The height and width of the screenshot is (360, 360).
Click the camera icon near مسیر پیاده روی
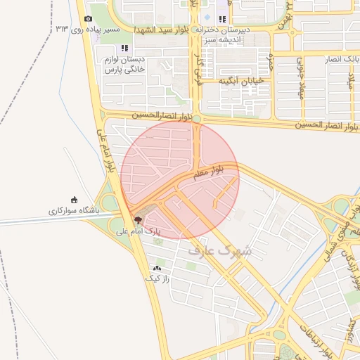pyautogui.click(x=88, y=19)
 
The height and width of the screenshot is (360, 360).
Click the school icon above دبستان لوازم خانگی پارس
pyautogui.click(x=124, y=49)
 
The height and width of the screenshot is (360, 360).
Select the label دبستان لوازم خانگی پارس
pyautogui.click(x=124, y=65)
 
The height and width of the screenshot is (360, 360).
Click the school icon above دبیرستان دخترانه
pyautogui.click(x=222, y=19)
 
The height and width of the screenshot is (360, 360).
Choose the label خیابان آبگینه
pyautogui.click(x=240, y=81)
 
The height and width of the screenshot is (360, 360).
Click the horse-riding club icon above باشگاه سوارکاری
pyautogui.click(x=75, y=200)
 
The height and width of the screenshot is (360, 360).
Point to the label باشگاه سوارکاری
pyautogui.click(x=75, y=210)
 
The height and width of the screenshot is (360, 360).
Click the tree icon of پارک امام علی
pyautogui.click(x=136, y=220)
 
